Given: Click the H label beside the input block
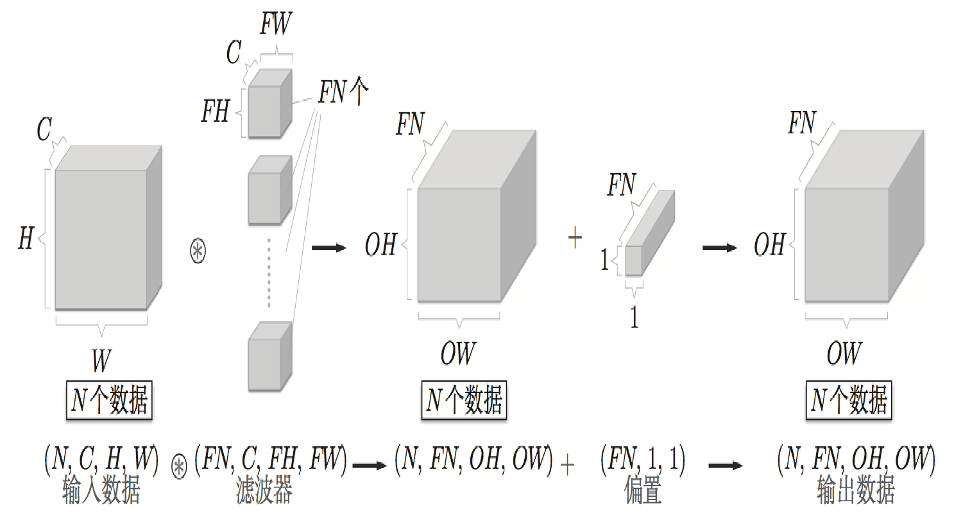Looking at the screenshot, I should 26,238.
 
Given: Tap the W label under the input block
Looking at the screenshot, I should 101,360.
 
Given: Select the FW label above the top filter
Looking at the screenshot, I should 276,24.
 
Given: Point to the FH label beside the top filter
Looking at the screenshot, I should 215,111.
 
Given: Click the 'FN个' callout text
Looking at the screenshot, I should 343,91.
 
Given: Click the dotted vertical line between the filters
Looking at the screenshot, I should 269,273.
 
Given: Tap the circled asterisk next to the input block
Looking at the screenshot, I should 198,251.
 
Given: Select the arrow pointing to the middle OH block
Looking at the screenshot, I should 328,248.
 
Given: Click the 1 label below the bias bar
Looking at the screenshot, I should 634,317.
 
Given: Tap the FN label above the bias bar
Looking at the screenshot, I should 621,185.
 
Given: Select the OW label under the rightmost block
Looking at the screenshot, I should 844,353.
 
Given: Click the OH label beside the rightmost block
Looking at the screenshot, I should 769,244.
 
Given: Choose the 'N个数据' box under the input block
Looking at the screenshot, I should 109,400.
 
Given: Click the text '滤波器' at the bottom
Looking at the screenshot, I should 264,491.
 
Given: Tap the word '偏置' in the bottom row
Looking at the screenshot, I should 642,491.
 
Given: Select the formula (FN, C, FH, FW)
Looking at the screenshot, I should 270,459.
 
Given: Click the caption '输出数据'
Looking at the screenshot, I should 855,491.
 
